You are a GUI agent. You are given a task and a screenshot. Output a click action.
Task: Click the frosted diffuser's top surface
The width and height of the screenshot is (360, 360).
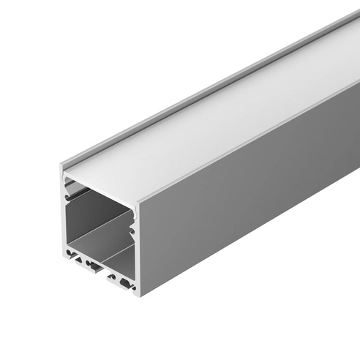point(220,124)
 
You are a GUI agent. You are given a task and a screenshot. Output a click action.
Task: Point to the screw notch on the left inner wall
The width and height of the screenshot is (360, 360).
point(67,196)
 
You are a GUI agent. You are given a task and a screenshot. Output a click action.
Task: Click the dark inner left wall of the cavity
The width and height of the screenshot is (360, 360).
point(73,220)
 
